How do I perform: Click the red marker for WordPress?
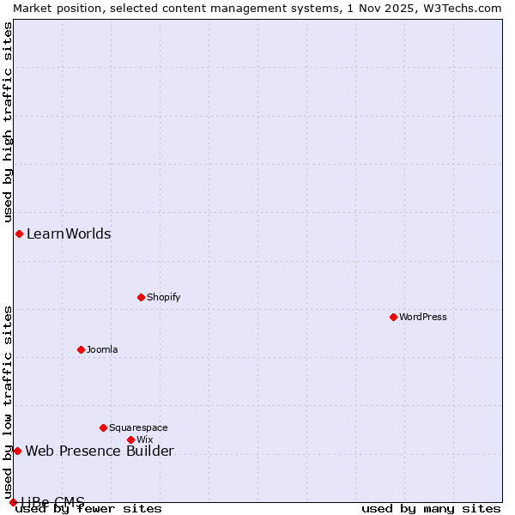coord(394,317)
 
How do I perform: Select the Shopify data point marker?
coord(142,297)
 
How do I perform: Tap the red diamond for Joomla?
coord(82,349)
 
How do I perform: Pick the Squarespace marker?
coord(104,427)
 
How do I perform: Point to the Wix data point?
coord(131,439)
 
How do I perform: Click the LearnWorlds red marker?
coord(19,233)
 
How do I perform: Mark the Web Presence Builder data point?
coord(17,451)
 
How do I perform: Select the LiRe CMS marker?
coord(13,502)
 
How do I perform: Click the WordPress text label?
coord(423,317)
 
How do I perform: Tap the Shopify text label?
coord(163,297)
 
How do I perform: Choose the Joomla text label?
coord(102,349)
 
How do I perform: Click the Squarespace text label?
coord(138,427)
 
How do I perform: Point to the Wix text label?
coord(144,439)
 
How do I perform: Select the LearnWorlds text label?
coord(69,233)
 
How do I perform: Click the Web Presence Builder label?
coord(100,451)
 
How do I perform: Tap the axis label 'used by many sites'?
coord(431,508)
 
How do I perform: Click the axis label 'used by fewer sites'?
coord(89,508)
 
